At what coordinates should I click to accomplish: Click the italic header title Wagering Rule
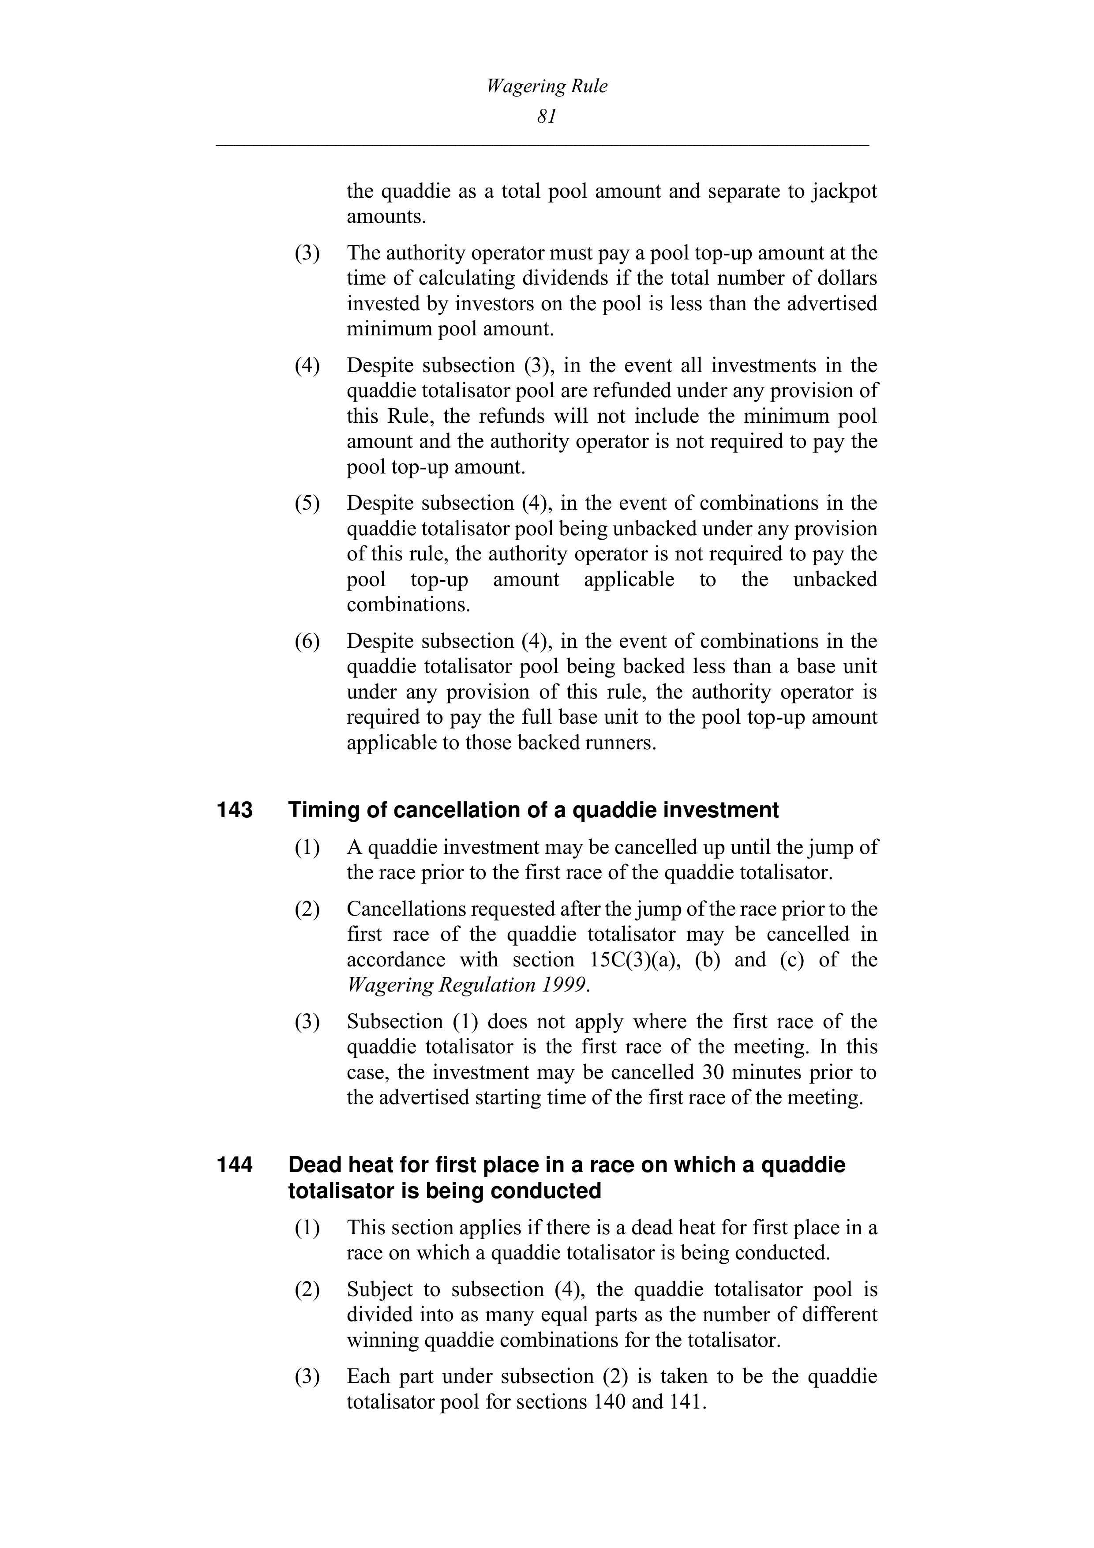(547, 86)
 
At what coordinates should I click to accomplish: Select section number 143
(235, 810)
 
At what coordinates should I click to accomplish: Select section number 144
(235, 1165)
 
